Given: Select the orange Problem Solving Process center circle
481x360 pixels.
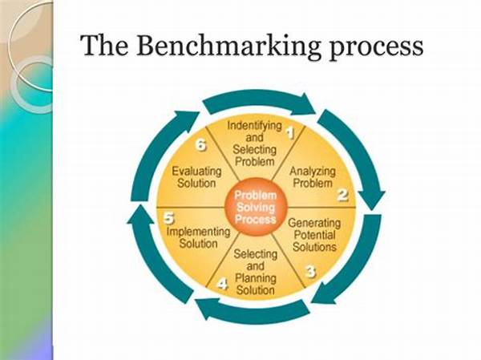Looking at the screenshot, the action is pos(256,207).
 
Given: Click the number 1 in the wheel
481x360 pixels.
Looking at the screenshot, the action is pos(290,133).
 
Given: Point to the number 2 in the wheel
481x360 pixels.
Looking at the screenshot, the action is pos(342,195).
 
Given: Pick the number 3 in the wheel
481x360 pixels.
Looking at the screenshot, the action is pos(311,271).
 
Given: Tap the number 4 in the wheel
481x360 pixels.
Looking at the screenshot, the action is pos(223,284).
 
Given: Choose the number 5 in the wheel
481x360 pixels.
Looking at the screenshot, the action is pos(169,219).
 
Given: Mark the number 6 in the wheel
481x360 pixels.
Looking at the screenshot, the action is pos(201,144).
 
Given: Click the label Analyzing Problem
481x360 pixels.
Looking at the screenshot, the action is pos(313,177).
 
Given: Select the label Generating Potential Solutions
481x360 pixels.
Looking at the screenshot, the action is pos(314,235).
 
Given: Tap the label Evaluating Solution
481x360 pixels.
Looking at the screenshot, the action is pos(196,177).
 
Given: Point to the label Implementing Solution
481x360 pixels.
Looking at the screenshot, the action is pos(198,237).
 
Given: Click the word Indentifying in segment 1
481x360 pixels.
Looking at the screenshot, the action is pos(254,126).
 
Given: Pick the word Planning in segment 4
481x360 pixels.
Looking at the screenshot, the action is pos(256,278).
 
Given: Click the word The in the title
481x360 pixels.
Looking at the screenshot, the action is pos(104,46).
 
